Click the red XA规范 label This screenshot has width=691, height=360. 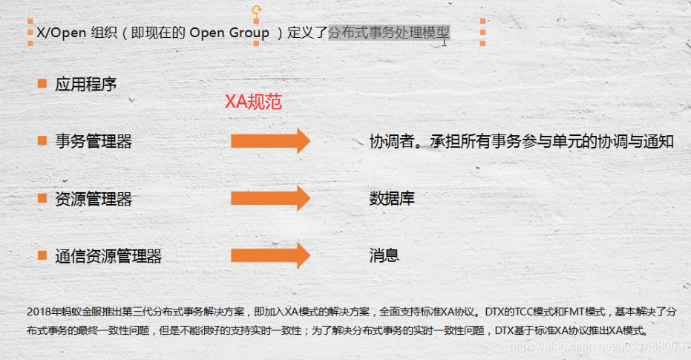pyautogui.click(x=253, y=102)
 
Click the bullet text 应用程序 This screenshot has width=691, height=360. pyautogui.click(x=86, y=84)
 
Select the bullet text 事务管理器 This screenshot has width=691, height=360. pyautogui.click(x=94, y=141)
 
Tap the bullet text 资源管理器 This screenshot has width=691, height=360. pyautogui.click(x=94, y=199)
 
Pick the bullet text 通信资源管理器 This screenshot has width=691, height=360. pyautogui.click(x=108, y=256)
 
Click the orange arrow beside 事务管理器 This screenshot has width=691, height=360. pyautogui.click(x=269, y=141)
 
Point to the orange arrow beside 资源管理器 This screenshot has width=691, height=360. pyautogui.click(x=269, y=198)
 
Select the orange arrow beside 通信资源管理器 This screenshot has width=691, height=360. pyautogui.click(x=269, y=255)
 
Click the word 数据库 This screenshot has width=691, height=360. pyautogui.click(x=392, y=198)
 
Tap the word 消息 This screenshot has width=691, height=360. pyautogui.click(x=384, y=255)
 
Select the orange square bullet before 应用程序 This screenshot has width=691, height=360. pyautogui.click(x=42, y=83)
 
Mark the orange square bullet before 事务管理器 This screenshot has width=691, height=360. pyautogui.click(x=42, y=140)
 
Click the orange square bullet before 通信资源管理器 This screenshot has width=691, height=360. pyautogui.click(x=42, y=255)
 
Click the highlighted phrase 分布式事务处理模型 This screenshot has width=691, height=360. pyautogui.click(x=389, y=33)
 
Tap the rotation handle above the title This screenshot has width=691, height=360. pyautogui.click(x=257, y=10)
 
